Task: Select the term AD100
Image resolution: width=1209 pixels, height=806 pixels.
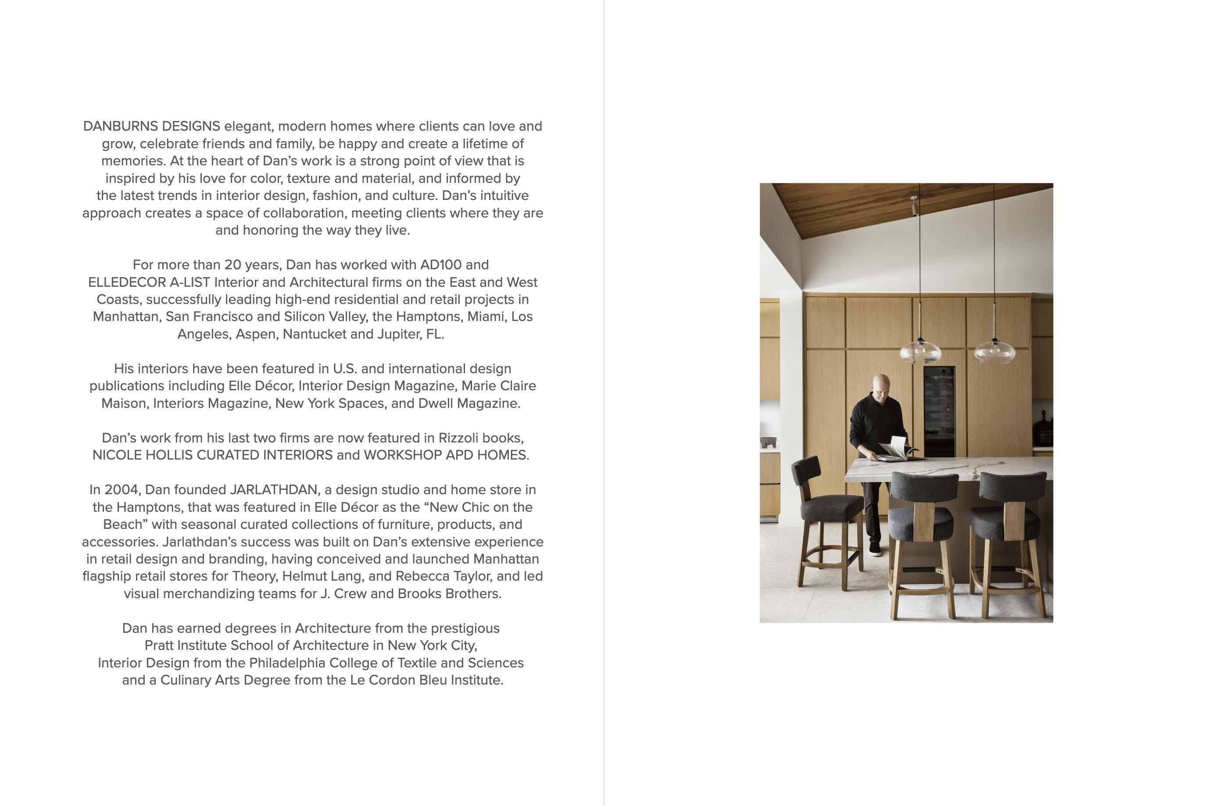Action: pos(441,265)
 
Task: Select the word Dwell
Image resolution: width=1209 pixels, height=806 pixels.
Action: pos(436,403)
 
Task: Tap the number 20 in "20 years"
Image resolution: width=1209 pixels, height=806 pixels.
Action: pos(232,265)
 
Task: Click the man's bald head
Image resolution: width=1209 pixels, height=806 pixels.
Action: pos(880,383)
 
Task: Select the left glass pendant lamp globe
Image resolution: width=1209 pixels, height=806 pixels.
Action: pos(920,353)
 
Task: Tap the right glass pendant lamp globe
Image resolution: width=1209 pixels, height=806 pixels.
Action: pos(994,353)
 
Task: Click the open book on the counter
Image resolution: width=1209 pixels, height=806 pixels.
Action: pos(895,448)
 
